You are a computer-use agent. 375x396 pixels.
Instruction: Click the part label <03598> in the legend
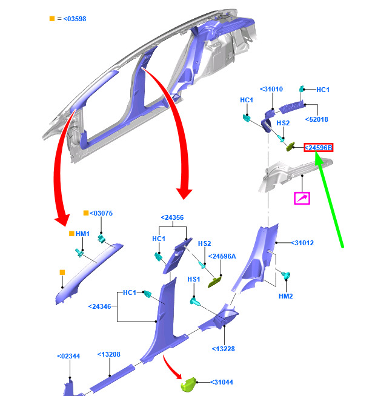point(73,19)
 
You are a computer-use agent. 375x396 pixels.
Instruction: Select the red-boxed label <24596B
point(319,148)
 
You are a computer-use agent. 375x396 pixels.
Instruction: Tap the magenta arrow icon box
point(302,198)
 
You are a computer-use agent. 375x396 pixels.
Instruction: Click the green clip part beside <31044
point(191,384)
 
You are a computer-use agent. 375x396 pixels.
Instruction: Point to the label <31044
point(222,382)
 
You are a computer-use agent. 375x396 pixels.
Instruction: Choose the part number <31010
point(271,89)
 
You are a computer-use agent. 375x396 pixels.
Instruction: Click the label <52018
point(317,119)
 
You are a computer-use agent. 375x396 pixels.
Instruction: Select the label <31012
point(302,243)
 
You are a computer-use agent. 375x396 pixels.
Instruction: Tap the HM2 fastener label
point(285,296)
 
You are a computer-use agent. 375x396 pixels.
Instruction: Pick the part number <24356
point(173,217)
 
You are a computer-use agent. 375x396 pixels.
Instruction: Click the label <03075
point(101,213)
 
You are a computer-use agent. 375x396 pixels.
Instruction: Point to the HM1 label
point(82,234)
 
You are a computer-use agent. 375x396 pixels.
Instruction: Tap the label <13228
point(224,348)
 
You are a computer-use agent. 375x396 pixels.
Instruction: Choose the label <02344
point(69,356)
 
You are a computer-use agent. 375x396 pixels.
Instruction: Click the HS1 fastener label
point(193,279)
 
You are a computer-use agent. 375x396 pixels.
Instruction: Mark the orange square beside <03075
point(86,213)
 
